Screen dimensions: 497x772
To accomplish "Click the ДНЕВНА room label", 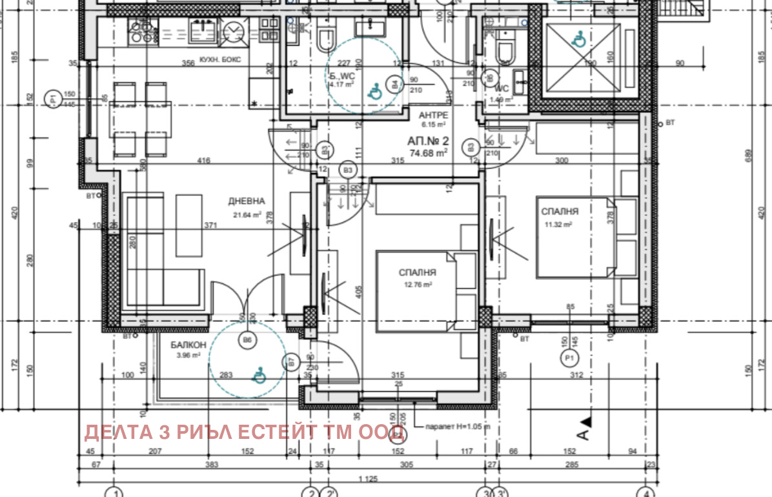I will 247,201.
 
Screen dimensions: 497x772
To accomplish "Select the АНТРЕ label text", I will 433,115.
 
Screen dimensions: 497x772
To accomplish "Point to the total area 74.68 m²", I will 429,153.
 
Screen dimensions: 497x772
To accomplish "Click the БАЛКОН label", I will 188,345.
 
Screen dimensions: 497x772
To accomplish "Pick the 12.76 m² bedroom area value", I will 418,284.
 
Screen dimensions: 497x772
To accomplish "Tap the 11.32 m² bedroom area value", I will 558,224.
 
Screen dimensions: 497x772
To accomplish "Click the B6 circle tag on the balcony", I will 247,340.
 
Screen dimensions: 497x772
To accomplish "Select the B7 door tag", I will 291,363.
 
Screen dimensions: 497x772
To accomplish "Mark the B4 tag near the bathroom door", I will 394,83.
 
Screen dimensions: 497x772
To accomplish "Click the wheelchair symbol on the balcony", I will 259,374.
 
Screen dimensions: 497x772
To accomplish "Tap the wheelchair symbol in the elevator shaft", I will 579,40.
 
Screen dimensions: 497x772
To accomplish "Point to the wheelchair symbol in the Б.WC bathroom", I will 374,93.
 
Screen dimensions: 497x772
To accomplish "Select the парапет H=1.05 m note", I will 457,427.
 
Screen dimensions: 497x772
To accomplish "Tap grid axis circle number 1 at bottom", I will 114,492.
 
